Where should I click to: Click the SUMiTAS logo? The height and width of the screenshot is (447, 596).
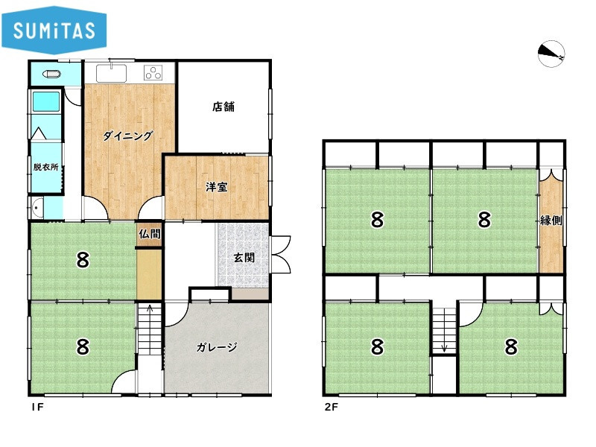(54, 30)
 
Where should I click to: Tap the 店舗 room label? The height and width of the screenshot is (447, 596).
(223, 107)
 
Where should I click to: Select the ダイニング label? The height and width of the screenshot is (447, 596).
(127, 136)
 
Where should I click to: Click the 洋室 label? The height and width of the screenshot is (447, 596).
(217, 187)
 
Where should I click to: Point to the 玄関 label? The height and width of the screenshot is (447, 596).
(244, 257)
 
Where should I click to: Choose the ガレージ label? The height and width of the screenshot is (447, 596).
(217, 346)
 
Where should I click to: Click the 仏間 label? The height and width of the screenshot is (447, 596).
(150, 234)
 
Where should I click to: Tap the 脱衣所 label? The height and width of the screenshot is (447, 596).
(45, 167)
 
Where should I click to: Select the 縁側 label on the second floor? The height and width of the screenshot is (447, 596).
(551, 220)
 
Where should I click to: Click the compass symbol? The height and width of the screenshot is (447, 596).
(551, 54)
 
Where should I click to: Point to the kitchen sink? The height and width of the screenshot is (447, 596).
(111, 73)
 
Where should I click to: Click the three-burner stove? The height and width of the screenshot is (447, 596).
(153, 72)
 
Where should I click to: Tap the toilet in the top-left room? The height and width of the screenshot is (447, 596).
(51, 74)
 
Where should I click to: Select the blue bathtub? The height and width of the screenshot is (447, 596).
(46, 101)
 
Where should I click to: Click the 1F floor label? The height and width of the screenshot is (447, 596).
(38, 407)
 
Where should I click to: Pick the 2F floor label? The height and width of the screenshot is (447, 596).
(331, 407)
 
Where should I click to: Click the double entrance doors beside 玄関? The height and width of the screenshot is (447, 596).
(281, 254)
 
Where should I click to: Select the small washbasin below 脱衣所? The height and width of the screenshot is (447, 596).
(37, 208)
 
